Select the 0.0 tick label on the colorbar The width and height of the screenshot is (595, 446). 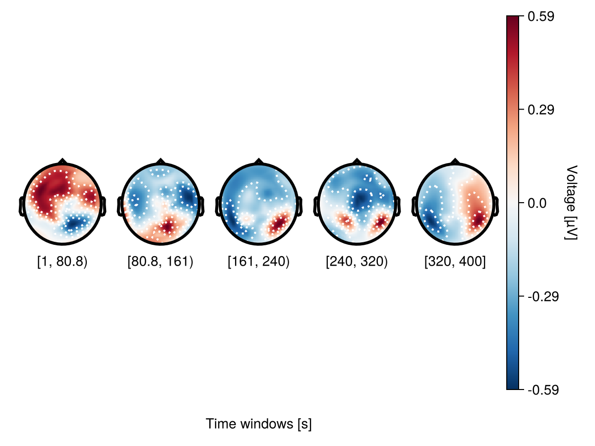tap(537, 203)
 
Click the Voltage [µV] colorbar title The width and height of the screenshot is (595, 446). tap(571, 203)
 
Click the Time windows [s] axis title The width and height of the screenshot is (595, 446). tap(259, 424)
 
